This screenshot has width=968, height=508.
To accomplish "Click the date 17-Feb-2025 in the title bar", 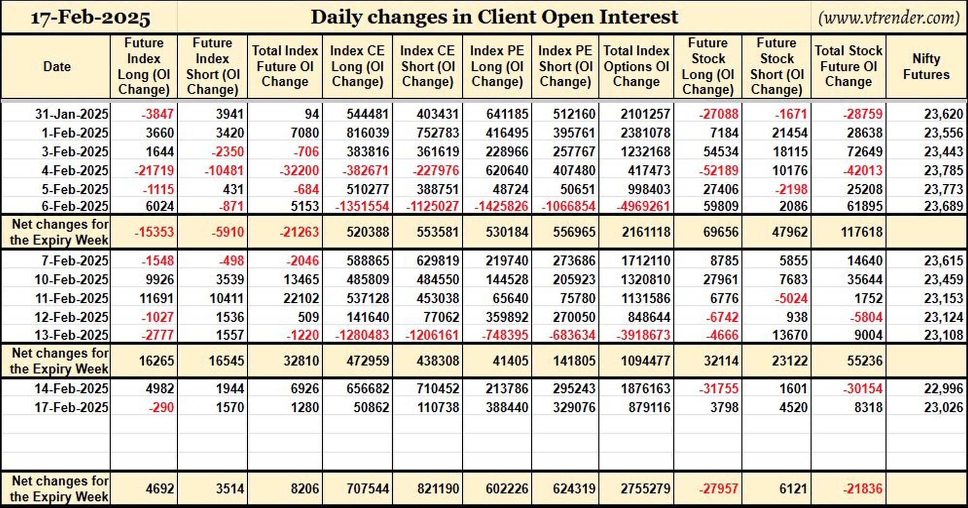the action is [91, 18].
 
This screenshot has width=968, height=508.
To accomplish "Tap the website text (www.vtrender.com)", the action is [889, 18].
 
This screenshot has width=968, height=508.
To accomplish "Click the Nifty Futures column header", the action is [926, 66].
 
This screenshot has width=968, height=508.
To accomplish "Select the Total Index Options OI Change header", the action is [636, 66].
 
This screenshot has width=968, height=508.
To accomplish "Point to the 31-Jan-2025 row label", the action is [72, 114].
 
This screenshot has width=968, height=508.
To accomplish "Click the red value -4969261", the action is [643, 206].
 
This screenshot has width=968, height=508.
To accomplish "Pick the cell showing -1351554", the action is [362, 206].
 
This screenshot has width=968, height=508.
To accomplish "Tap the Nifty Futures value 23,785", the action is [943, 170].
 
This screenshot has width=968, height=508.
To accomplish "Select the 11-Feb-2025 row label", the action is [72, 298].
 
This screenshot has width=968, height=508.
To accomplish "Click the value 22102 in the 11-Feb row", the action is [301, 298].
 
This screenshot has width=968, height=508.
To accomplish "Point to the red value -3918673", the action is [643, 335].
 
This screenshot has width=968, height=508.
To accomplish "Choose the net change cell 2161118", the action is [646, 232].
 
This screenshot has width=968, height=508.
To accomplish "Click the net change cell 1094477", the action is [646, 360].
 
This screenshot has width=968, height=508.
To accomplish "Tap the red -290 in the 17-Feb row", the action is [161, 407].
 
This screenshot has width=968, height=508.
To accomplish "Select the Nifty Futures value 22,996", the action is [943, 388].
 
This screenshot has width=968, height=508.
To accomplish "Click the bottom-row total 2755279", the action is [646, 489].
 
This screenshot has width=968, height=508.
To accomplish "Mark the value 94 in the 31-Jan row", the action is [312, 114].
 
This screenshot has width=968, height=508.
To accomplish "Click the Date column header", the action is [57, 66].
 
